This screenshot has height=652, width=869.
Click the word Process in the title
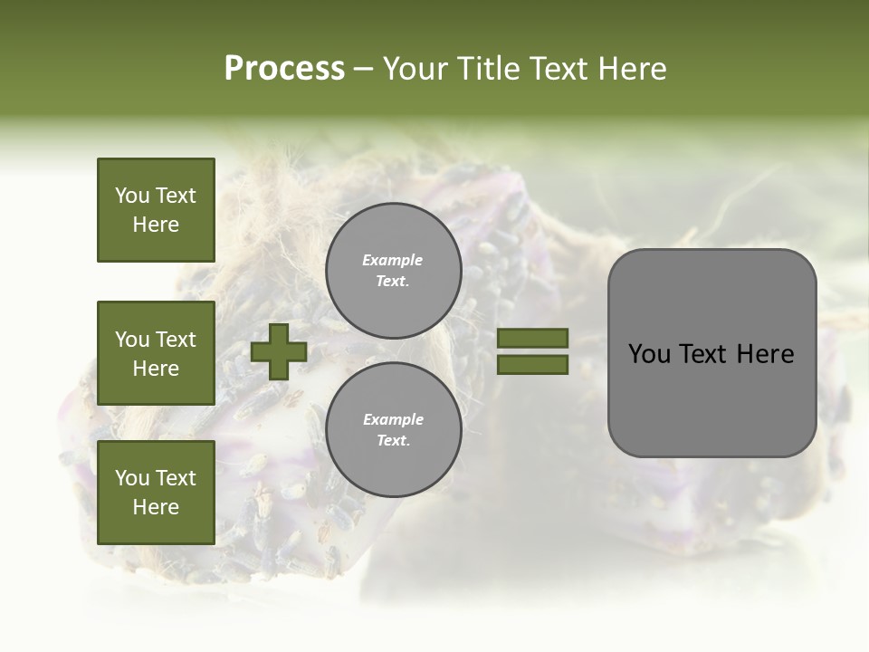[x=284, y=69]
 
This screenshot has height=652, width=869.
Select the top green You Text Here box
[x=156, y=210]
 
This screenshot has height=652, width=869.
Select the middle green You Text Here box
[x=156, y=353]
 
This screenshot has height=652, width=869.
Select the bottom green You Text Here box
[x=156, y=492]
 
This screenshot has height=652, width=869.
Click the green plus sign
[x=279, y=351]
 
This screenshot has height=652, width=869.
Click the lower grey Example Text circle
[x=394, y=430]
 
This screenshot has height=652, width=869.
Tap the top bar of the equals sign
[x=532, y=338]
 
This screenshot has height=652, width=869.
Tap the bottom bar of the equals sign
[x=532, y=364]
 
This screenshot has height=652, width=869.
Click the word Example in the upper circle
[x=393, y=261]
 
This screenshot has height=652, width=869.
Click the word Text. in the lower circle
[x=393, y=441]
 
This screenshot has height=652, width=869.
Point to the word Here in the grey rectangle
[x=765, y=354]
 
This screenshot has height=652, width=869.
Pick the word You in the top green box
[x=132, y=196]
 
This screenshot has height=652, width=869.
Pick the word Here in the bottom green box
[x=156, y=507]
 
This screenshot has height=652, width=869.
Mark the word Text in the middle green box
[x=175, y=340]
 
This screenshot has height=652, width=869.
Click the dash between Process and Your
[x=364, y=69]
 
